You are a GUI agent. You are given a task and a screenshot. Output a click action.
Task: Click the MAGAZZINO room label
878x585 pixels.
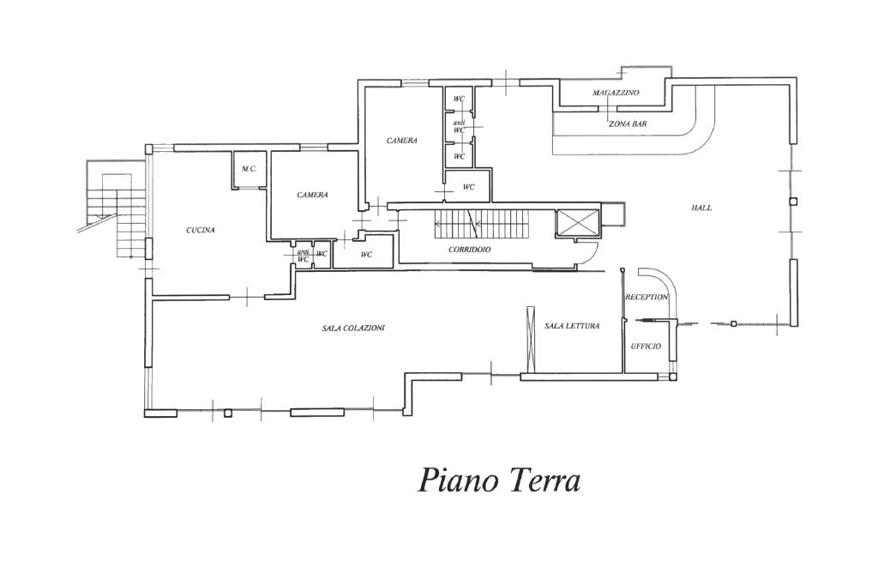(616, 93)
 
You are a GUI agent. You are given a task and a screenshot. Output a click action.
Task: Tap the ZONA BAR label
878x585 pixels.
(628, 124)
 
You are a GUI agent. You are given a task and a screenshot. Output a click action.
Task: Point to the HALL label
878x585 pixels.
(701, 208)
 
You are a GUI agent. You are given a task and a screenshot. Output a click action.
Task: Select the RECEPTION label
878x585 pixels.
(646, 297)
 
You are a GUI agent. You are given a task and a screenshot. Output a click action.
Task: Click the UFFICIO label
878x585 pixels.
(646, 346)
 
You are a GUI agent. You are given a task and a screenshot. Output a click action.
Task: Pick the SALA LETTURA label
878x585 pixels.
(572, 326)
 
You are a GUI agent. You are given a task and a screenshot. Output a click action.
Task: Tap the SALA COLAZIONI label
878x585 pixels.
(353, 328)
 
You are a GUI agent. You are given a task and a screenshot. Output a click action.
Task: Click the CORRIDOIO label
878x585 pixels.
(469, 250)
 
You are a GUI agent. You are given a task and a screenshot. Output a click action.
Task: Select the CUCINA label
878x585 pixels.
(200, 230)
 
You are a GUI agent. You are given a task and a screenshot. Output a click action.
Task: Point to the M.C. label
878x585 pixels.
(250, 169)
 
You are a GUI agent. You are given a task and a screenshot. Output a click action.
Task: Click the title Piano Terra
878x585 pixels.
(499, 479)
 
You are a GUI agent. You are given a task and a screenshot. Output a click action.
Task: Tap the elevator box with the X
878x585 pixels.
(575, 223)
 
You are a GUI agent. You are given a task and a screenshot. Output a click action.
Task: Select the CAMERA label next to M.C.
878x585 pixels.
(312, 195)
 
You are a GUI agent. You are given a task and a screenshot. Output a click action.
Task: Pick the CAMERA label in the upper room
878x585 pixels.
(401, 141)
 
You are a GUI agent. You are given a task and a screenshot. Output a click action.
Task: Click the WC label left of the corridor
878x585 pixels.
(366, 255)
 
